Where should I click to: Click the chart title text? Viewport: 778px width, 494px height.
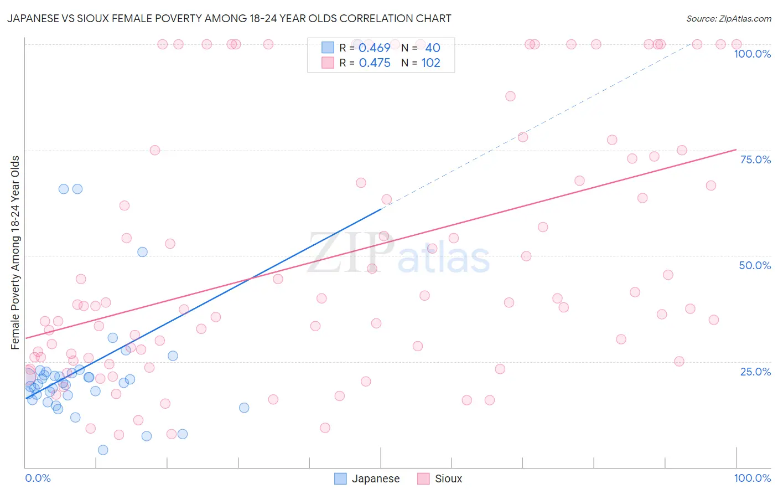point(229,18)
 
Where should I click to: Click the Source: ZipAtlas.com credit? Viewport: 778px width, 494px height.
point(728,18)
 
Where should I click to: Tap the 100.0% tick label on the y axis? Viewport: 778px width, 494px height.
point(752,54)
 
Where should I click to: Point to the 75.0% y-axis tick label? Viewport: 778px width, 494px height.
point(755,159)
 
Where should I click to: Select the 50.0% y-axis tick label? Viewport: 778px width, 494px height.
point(755,265)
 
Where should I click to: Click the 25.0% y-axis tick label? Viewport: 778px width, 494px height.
point(755,371)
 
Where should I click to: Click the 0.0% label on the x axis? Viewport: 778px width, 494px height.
point(38,478)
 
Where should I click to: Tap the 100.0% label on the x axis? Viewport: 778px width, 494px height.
point(752,478)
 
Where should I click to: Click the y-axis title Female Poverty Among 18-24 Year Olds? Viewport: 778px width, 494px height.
point(15,253)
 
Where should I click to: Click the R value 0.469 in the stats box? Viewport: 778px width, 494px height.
point(375,48)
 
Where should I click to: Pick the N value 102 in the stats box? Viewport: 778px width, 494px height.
point(431,63)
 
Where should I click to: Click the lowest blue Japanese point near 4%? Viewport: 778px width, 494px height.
point(103,450)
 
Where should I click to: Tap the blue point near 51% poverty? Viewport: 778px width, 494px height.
point(142,252)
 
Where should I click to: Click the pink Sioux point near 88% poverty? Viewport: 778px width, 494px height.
point(510,96)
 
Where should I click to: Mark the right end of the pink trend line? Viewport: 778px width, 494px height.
point(736,150)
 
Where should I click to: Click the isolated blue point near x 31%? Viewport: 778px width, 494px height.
point(244,408)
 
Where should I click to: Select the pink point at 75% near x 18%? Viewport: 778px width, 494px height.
point(155,150)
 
